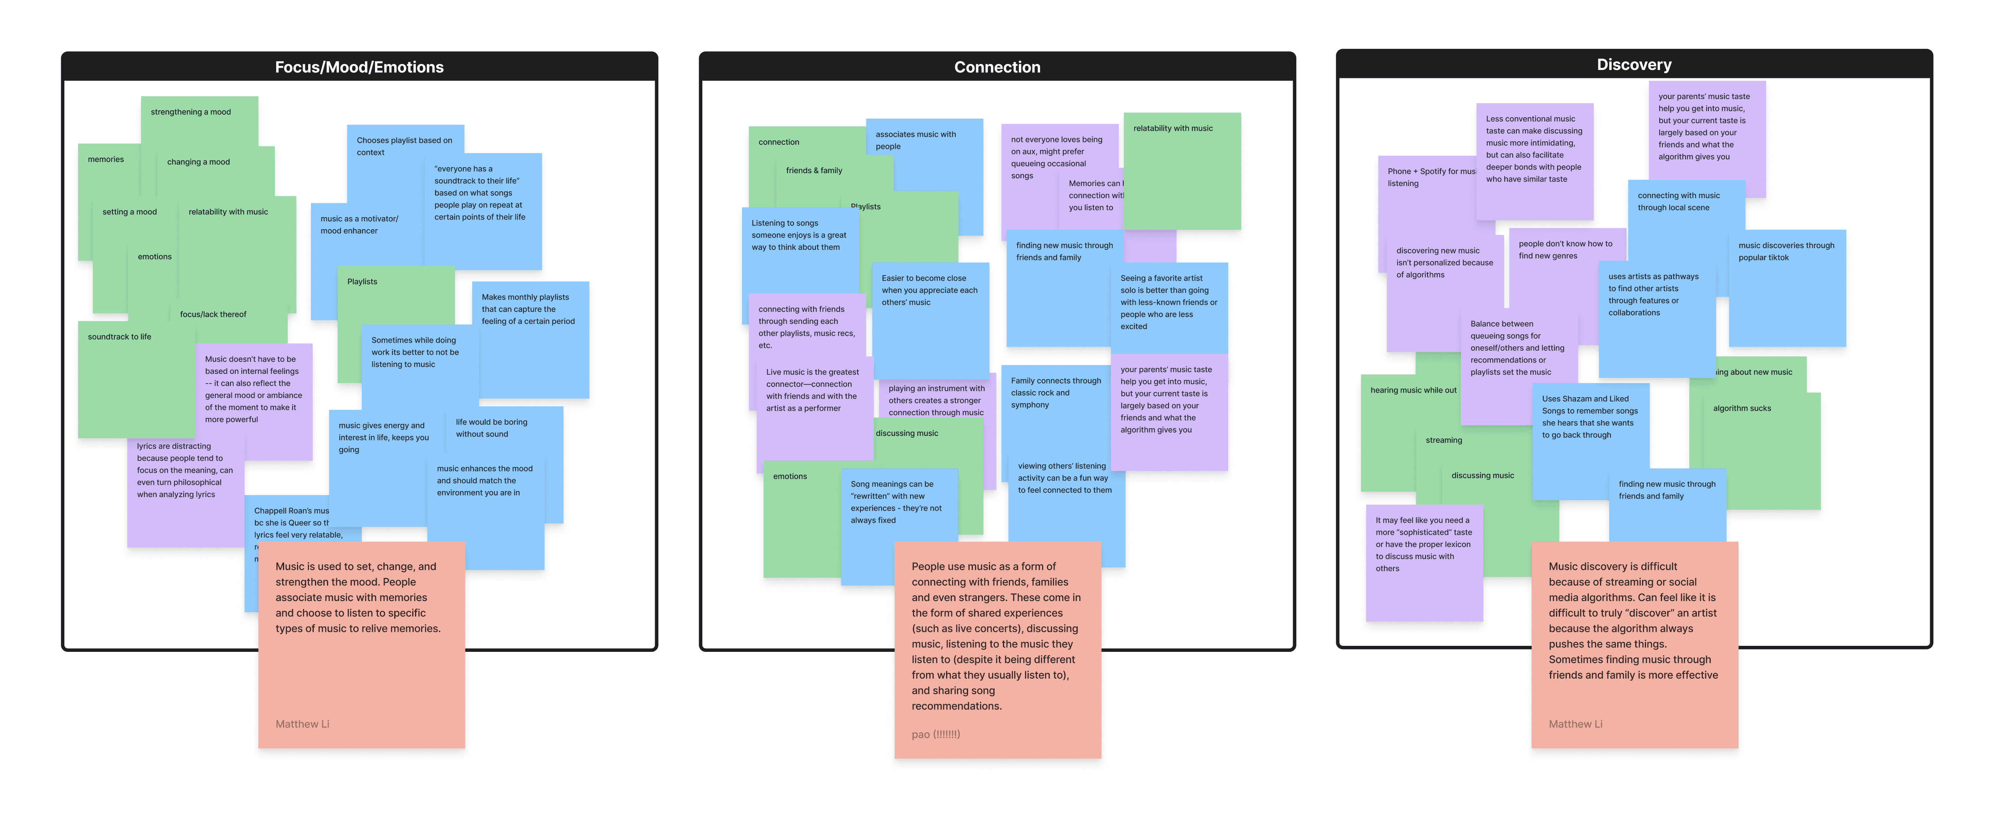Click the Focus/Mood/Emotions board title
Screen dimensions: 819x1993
coord(359,67)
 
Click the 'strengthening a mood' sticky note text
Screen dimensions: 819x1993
coord(190,112)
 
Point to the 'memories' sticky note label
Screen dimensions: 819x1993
coord(106,159)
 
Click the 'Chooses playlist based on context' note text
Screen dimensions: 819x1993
coord(404,146)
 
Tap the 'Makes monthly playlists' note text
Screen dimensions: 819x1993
coord(527,309)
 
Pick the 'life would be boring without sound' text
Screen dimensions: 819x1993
coord(491,427)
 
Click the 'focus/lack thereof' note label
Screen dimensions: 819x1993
coord(213,314)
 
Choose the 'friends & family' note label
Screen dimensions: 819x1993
coord(814,170)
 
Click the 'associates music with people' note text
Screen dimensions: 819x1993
coord(915,140)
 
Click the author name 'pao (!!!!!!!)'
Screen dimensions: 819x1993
coord(935,734)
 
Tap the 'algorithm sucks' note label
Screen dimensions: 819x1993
coord(1742,408)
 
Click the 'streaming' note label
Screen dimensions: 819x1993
coord(1444,440)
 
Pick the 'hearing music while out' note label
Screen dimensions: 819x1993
coord(1413,390)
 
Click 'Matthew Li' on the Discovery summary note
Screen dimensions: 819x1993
coord(1575,724)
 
